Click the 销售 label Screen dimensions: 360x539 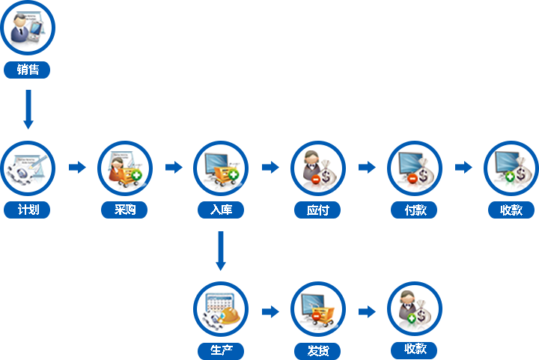coord(27,70)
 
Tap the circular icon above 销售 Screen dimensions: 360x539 coord(27,28)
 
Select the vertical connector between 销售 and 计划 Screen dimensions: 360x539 coord(28,109)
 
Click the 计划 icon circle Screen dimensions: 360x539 coord(27,168)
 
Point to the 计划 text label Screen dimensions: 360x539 coord(27,210)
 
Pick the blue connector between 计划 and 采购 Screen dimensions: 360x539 coord(78,167)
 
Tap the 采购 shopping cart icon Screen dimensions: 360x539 coord(124,168)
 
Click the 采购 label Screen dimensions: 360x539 coord(124,210)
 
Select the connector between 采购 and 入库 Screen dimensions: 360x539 coord(174,167)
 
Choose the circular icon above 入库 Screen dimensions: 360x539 coord(221,168)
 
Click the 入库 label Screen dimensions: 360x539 coord(221,210)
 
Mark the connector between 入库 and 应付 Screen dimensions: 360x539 coord(271,167)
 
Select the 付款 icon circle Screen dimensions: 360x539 coord(414,168)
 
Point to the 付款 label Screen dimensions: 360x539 coord(414,210)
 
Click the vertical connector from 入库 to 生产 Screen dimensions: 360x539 coord(220,251)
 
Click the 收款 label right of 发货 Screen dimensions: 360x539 coord(414,349)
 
